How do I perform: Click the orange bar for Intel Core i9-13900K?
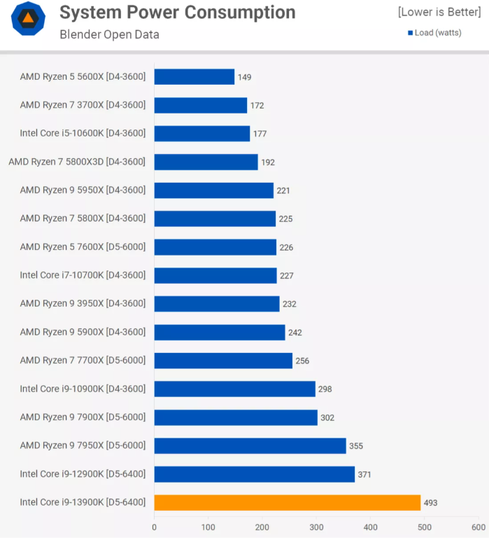287,502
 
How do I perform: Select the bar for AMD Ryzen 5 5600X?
194,76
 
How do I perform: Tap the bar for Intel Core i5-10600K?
202,133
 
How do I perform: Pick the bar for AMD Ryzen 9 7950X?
250,445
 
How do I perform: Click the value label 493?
430,503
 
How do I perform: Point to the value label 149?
244,77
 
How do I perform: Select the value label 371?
364,474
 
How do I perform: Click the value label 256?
302,361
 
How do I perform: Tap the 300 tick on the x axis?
316,527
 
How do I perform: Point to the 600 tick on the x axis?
479,527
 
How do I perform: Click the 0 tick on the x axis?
155,527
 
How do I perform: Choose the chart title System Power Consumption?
177,13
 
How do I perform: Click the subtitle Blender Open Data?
109,34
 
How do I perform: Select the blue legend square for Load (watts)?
411,33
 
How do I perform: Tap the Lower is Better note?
440,12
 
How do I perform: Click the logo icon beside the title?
29,19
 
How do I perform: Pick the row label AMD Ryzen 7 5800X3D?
77,162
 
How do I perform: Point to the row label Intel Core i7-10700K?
83,275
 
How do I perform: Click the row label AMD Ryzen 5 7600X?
83,247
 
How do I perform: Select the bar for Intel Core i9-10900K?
234,389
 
